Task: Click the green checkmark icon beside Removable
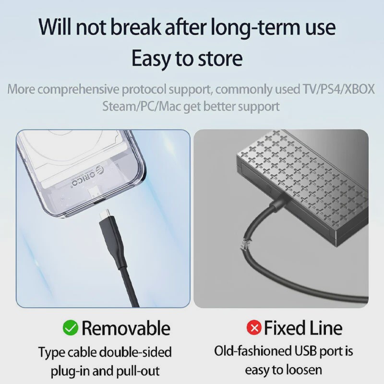click(71, 328)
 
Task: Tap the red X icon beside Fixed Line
click(254, 327)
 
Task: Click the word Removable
click(126, 328)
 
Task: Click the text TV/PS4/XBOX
click(338, 89)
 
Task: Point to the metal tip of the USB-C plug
click(105, 214)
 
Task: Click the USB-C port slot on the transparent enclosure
click(97, 201)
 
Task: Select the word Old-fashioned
click(252, 351)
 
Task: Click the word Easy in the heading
click(151, 59)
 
